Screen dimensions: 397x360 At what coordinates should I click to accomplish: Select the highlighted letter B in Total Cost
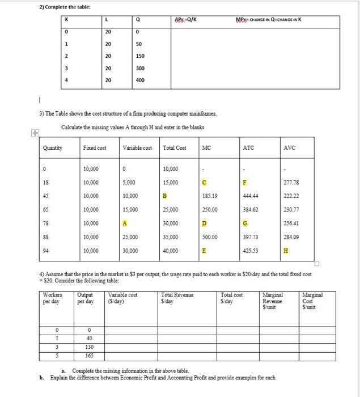[x=165, y=196]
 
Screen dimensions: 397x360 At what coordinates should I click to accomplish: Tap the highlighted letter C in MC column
[x=205, y=183]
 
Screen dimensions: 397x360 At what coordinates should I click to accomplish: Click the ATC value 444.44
[x=250, y=196]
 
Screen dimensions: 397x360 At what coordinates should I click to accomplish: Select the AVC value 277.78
[x=292, y=183]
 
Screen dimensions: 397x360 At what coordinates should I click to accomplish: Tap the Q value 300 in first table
[x=140, y=68]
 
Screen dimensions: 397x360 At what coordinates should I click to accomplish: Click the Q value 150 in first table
[x=140, y=56]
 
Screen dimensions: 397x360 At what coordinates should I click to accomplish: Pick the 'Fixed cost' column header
[x=95, y=148]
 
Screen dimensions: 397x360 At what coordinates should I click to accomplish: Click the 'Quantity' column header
[x=53, y=148]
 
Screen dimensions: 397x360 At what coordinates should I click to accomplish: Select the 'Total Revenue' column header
[x=177, y=295]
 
